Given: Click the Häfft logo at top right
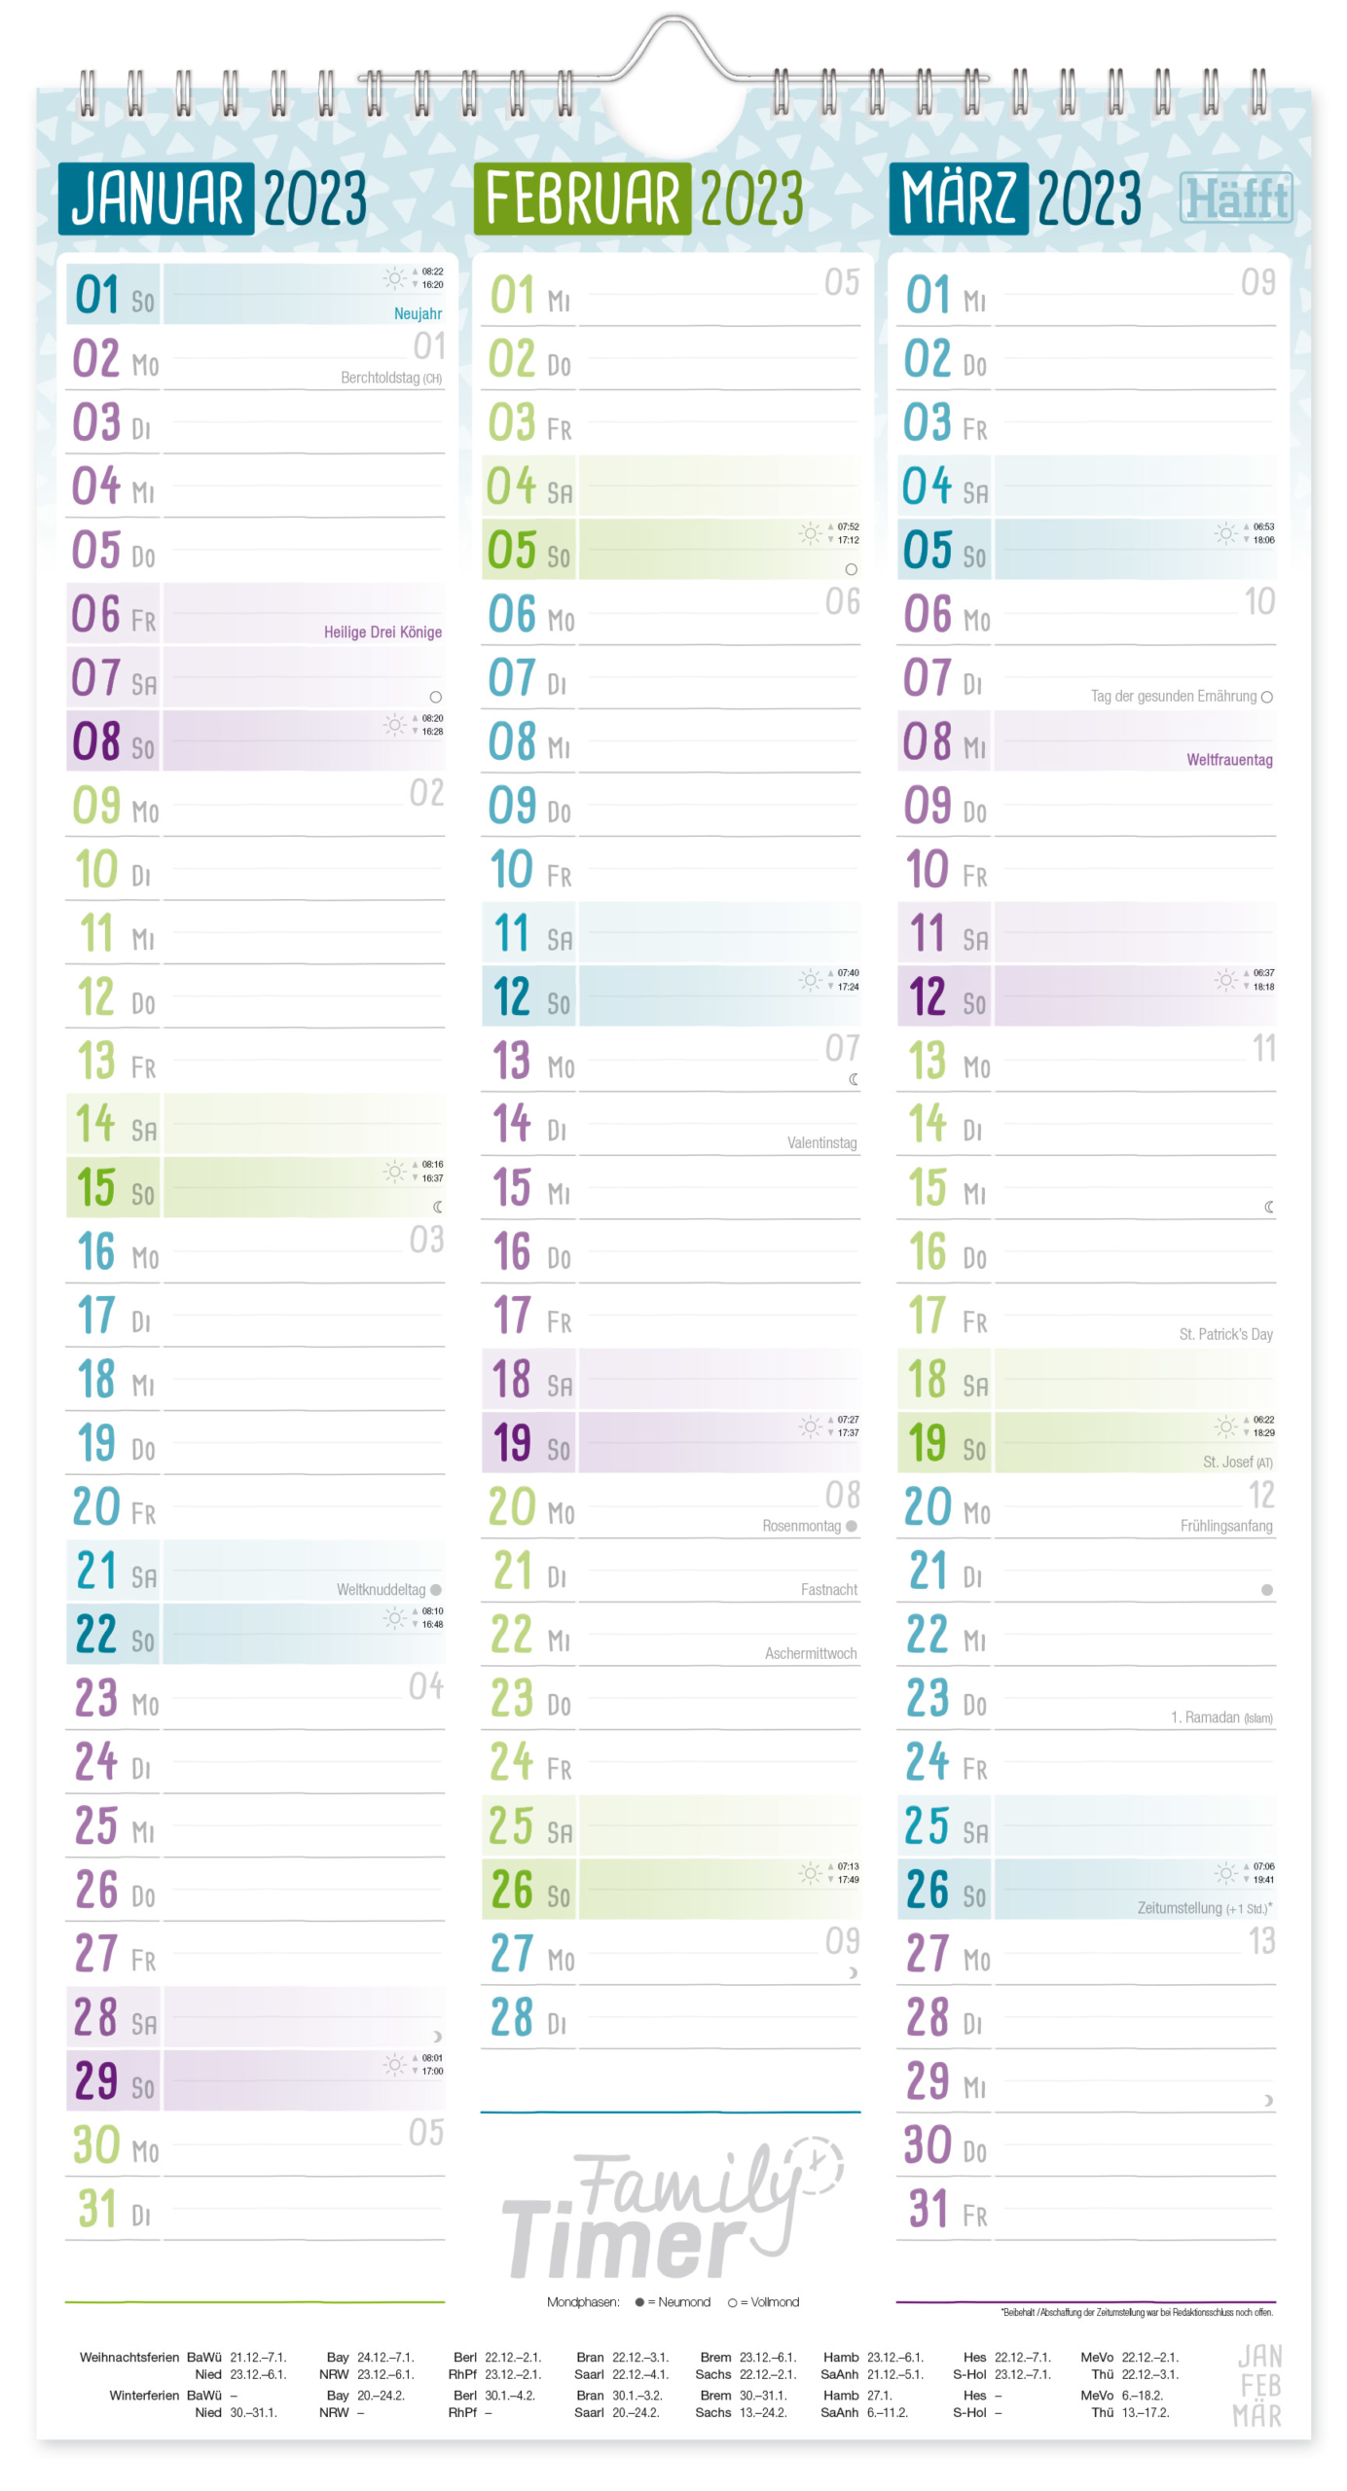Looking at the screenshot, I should tap(1235, 199).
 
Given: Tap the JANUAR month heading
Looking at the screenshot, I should tap(157, 199).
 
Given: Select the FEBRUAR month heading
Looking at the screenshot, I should tap(582, 199).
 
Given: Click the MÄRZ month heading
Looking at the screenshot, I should tap(959, 199).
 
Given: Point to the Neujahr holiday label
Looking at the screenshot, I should tap(418, 313).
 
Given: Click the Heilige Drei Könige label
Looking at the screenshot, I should tap(382, 632).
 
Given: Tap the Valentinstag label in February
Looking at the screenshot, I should tap(821, 1142).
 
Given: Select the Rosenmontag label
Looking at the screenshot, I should tap(800, 1525).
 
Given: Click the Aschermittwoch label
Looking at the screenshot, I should tap(810, 1652).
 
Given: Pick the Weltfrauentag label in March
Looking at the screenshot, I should tap(1228, 759).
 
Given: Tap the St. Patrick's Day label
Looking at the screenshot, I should tap(1225, 1333).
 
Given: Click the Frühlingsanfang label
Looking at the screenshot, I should tap(1225, 1525).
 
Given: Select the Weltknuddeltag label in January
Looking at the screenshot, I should tap(381, 1589).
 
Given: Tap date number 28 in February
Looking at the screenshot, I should tap(512, 2017).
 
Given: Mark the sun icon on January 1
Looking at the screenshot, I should tap(394, 279).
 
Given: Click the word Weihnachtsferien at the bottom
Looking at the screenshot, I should tap(128, 2357).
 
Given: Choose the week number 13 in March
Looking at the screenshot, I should tap(1260, 1941).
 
